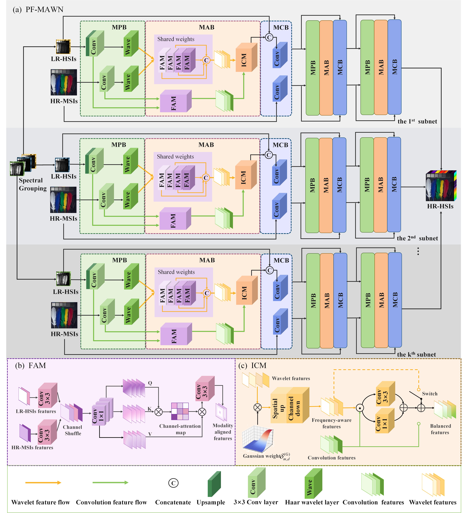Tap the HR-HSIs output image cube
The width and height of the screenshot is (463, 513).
(x=441, y=186)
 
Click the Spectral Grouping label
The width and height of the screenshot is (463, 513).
(x=33, y=184)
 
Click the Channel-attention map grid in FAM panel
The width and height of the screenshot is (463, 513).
(x=180, y=411)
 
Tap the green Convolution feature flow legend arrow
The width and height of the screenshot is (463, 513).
(x=110, y=482)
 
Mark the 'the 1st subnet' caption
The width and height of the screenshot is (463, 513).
(x=417, y=121)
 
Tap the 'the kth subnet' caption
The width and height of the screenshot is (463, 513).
(x=416, y=354)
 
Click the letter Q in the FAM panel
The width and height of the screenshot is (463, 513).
(x=150, y=383)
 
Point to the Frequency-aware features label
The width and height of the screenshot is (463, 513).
(x=331, y=423)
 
